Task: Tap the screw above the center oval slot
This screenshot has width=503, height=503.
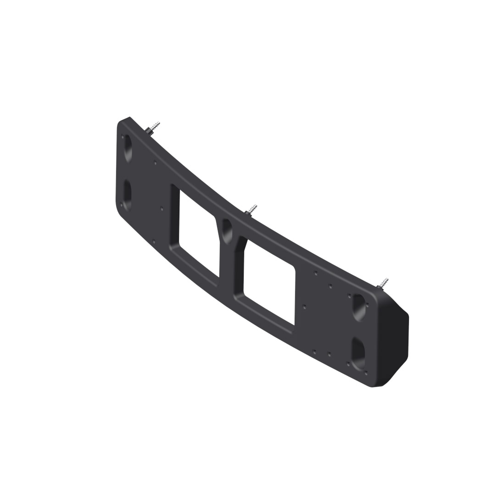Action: coord(251,210)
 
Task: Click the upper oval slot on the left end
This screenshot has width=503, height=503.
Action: coord(127,148)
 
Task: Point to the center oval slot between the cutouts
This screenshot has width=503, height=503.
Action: coord(227,231)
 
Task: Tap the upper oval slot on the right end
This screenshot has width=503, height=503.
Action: coord(359,307)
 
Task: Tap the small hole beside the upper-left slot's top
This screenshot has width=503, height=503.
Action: coord(123,136)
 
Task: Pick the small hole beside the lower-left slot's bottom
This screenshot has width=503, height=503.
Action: coord(122,205)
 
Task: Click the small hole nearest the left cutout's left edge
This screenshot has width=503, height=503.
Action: coord(161,207)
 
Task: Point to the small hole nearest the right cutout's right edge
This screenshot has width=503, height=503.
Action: coord(305,305)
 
